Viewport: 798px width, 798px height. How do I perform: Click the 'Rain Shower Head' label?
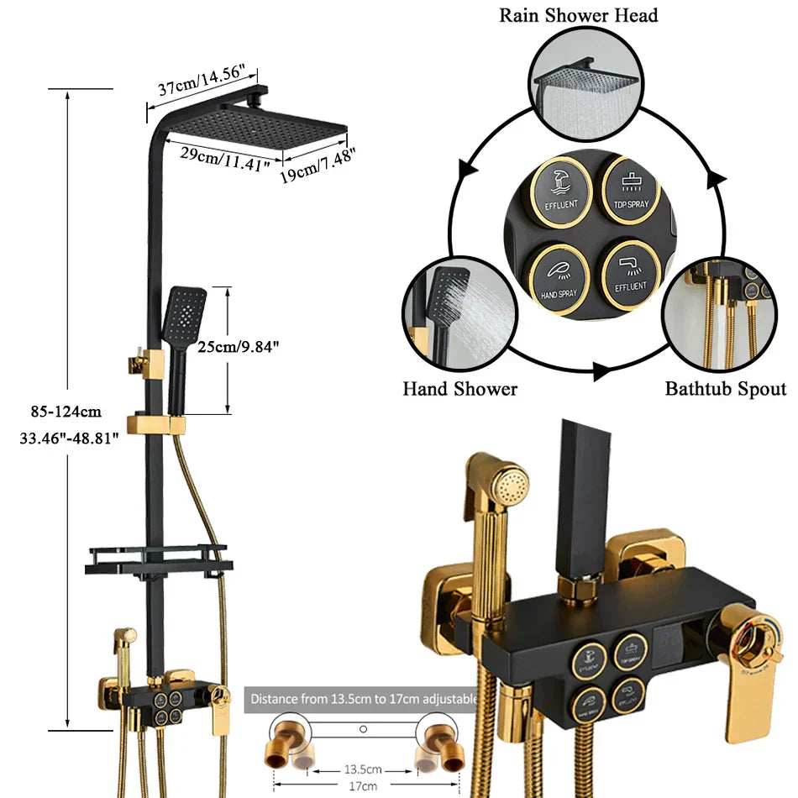pos(579,15)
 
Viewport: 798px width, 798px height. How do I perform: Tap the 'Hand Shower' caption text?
pos(459,389)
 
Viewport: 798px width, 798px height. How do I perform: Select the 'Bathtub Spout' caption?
pos(726,389)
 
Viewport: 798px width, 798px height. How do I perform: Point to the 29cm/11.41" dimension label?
pos(223,157)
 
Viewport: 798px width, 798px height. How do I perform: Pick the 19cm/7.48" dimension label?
pos(317,166)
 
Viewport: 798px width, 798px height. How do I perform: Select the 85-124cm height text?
pos(65,412)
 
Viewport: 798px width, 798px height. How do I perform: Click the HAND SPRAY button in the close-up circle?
pos(559,277)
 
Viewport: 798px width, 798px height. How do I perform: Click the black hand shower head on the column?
pos(186,313)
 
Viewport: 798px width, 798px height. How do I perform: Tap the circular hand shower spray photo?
pos(454,312)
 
